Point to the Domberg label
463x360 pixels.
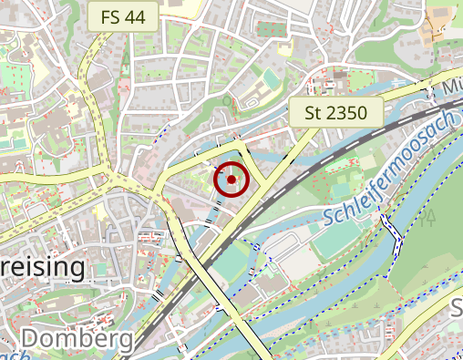77,339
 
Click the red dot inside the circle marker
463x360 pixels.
232,180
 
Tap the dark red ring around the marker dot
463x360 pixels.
232,164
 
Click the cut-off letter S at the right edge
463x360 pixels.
458,306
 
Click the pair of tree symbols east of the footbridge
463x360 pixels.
427,217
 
